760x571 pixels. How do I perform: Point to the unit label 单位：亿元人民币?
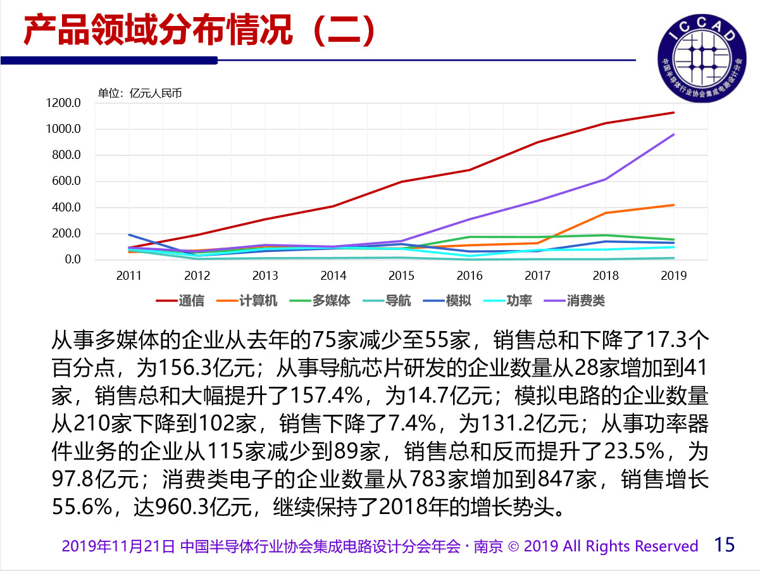click(139, 93)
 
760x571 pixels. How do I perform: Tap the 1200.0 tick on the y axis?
click(64, 103)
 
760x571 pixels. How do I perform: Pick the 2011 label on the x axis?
click(129, 275)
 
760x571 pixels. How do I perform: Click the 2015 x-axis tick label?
click(401, 275)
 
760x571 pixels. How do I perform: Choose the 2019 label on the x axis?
click(673, 275)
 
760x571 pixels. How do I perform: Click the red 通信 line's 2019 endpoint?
click(673, 113)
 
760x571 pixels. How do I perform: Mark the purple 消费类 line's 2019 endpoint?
click(673, 134)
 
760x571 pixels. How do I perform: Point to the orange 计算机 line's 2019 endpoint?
click(673, 205)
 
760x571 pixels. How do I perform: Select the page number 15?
click(725, 544)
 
